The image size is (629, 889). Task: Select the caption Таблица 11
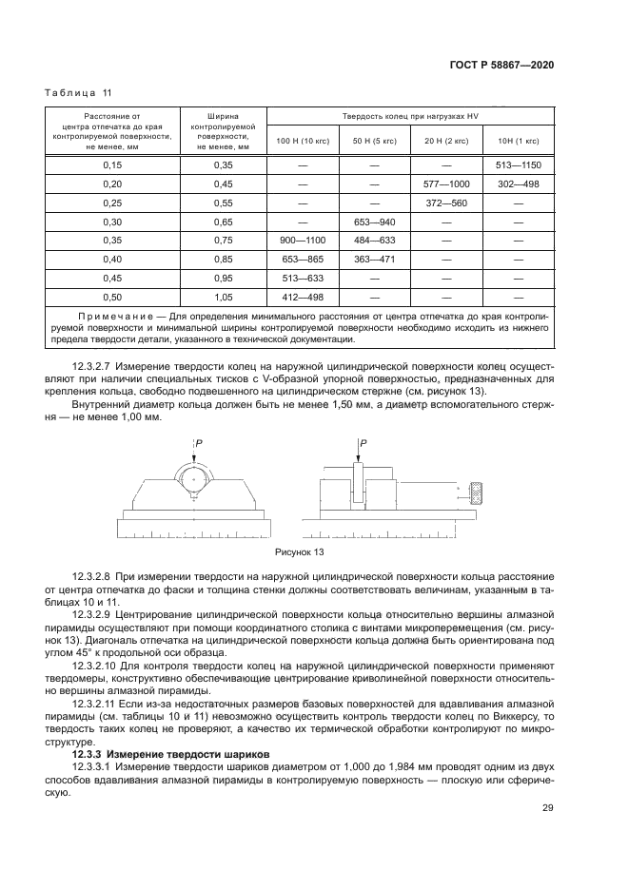coord(79,92)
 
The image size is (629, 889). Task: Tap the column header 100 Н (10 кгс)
coord(302,140)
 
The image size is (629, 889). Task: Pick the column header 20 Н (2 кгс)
coord(445,140)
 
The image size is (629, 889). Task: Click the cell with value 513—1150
coord(519,164)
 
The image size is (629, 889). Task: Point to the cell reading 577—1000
coord(445,184)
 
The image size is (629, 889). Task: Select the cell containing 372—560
coord(445,203)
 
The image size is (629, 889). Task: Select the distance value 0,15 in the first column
coord(112,164)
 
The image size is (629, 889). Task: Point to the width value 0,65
coord(223,222)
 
